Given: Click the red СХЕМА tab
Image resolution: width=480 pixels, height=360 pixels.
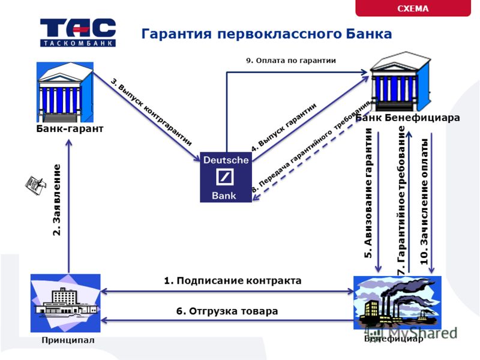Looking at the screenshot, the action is point(413,8).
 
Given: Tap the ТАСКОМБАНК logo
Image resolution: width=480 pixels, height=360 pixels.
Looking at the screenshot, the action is point(78,32).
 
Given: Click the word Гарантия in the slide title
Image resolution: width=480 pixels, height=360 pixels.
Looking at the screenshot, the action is point(176,34).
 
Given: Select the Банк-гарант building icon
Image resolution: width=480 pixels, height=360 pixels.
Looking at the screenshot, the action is point(65,92).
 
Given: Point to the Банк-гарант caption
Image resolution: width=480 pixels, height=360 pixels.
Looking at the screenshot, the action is point(70,128).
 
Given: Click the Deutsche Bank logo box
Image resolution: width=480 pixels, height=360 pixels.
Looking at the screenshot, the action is point(226,177).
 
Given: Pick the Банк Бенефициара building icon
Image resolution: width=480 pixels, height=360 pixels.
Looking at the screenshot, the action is point(401,82).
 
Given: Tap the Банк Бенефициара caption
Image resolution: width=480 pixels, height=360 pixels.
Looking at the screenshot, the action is point(407,118).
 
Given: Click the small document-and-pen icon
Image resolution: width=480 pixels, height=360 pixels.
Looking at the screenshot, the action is point(35,185).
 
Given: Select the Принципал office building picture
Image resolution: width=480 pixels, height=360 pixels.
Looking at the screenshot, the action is point(65,303).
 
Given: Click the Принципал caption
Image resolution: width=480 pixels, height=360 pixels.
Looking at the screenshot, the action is point(68,340).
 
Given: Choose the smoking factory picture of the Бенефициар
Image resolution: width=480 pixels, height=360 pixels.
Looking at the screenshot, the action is point(397,303).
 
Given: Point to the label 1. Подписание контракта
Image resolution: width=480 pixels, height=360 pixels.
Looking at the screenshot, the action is point(233,281).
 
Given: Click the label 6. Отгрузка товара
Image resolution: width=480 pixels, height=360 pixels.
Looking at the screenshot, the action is point(227,311).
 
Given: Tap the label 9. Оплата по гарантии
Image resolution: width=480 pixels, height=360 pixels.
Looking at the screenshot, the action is point(291,61).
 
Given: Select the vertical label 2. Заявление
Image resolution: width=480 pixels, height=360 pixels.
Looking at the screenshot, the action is point(57,200).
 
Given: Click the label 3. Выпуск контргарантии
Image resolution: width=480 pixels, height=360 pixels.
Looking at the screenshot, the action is point(151,112).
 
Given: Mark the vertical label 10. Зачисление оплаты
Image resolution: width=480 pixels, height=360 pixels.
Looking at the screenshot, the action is point(424,202).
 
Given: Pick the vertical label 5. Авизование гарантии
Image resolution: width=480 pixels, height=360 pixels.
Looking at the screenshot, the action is point(368,193).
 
